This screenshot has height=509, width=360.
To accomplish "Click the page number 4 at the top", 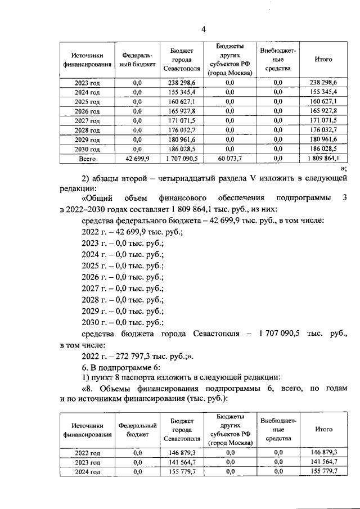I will [x=204, y=29].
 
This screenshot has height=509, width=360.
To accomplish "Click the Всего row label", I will [x=87, y=159].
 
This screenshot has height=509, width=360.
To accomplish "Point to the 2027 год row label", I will [x=87, y=121].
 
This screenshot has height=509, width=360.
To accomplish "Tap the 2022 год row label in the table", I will [x=87, y=452].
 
